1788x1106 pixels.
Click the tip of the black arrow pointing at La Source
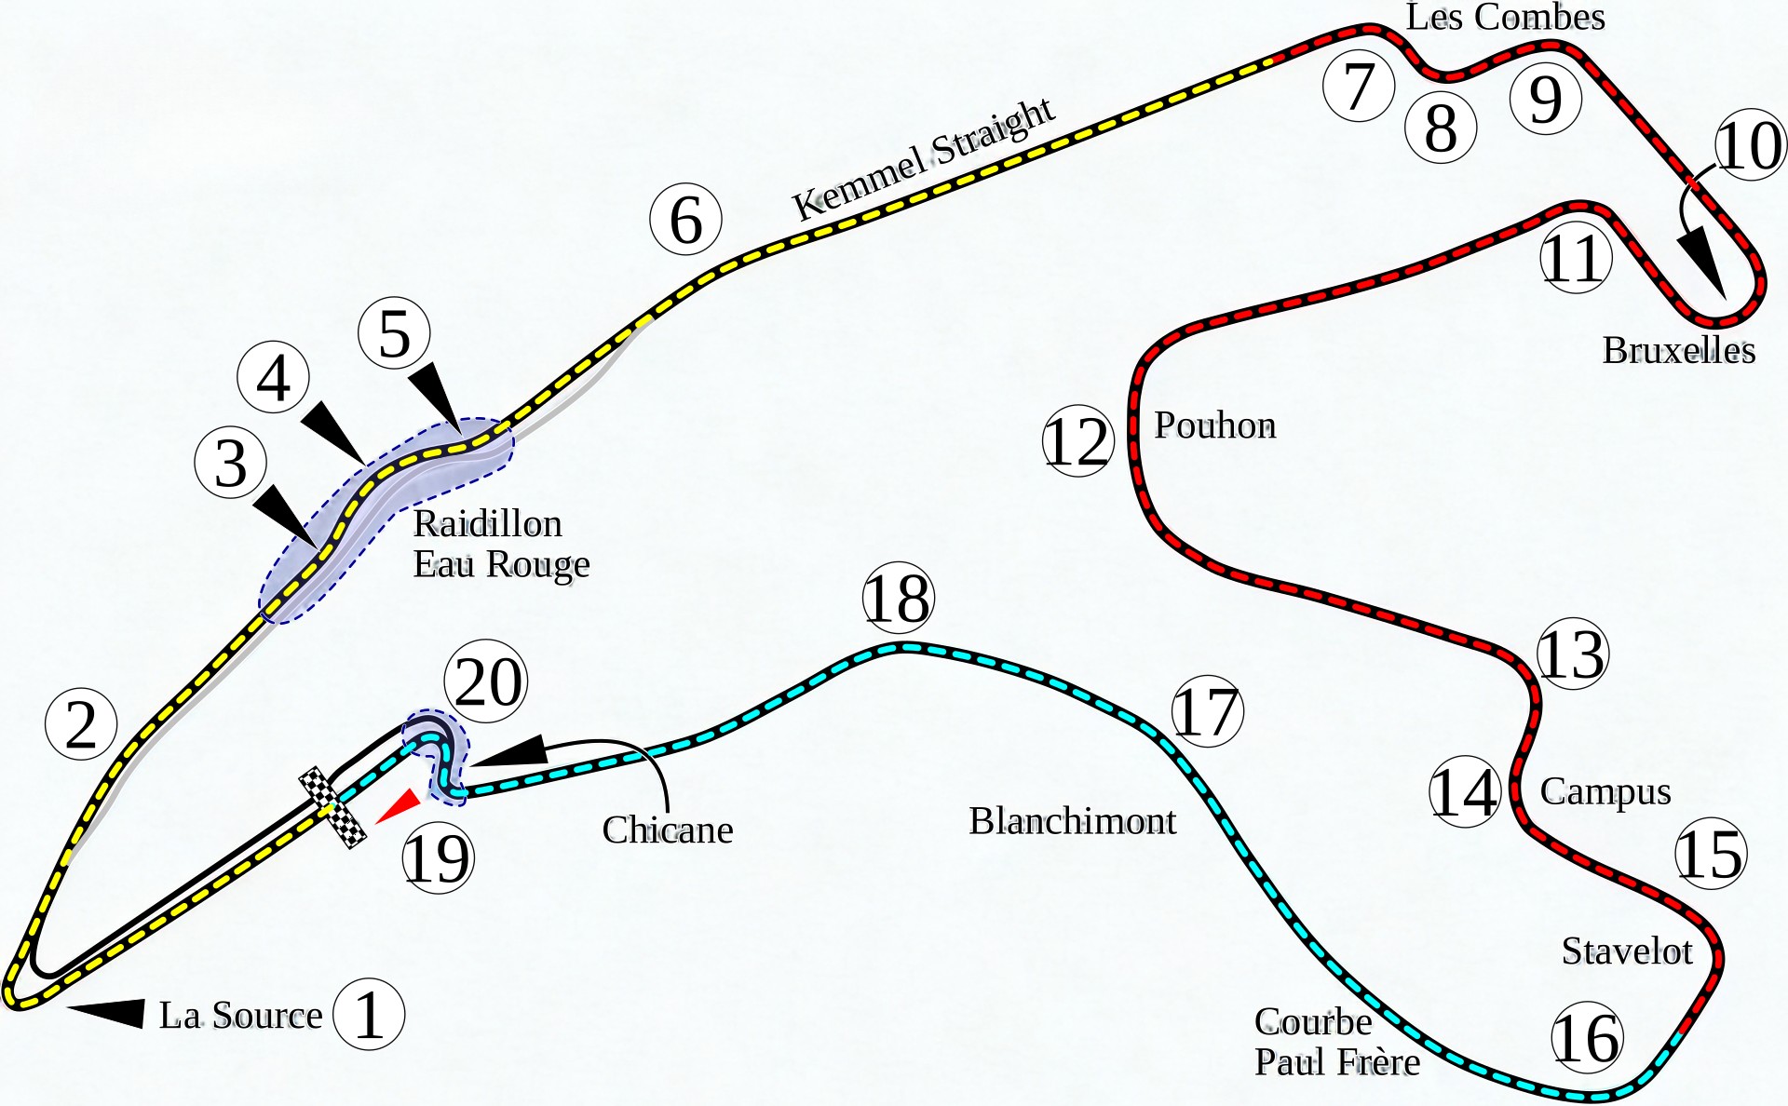(68, 1006)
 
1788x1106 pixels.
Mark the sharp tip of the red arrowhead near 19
(374, 822)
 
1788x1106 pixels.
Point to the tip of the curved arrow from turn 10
(1726, 300)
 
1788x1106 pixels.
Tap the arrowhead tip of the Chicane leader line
(472, 766)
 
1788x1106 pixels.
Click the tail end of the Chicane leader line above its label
(668, 810)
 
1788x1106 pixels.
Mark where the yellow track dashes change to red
(1272, 61)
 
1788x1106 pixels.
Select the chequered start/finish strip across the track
(332, 807)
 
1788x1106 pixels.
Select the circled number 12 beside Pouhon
(1077, 441)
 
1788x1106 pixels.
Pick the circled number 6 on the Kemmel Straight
(686, 220)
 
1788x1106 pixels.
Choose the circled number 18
(898, 598)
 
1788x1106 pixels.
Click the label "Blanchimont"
(1072, 821)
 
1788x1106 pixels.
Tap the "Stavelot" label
(1627, 951)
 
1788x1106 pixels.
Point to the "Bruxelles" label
(1678, 350)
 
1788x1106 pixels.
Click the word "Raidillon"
(487, 523)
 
